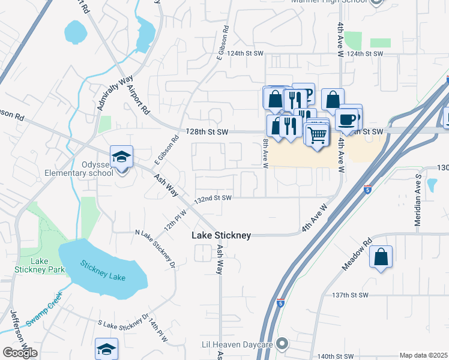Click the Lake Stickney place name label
[x=221, y=235]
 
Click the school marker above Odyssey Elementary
[x=122, y=158]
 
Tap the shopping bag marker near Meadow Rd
[x=381, y=257]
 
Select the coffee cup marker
[x=347, y=119]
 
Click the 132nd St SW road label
[x=213, y=198]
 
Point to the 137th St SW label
[x=349, y=295]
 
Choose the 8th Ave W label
[x=265, y=154]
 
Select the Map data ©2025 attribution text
[x=423, y=355]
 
